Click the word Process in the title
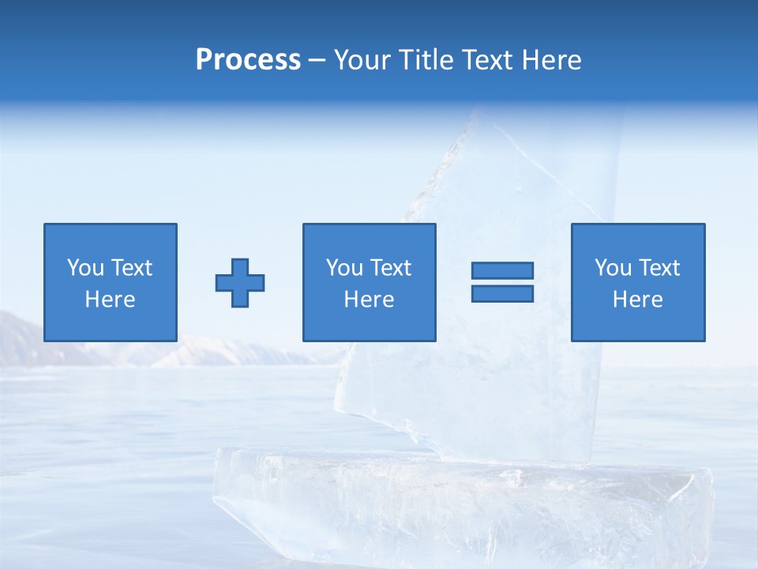(248, 60)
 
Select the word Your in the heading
(362, 60)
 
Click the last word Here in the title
(551, 60)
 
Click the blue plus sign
(240, 282)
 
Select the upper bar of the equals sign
(502, 270)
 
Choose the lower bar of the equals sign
(502, 294)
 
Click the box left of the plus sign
(111, 282)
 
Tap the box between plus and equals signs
(369, 282)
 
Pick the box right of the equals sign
(638, 282)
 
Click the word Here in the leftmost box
(111, 300)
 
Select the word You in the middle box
(344, 268)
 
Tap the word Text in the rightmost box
(660, 268)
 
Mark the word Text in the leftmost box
(132, 268)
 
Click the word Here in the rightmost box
(638, 300)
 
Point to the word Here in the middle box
(369, 300)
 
